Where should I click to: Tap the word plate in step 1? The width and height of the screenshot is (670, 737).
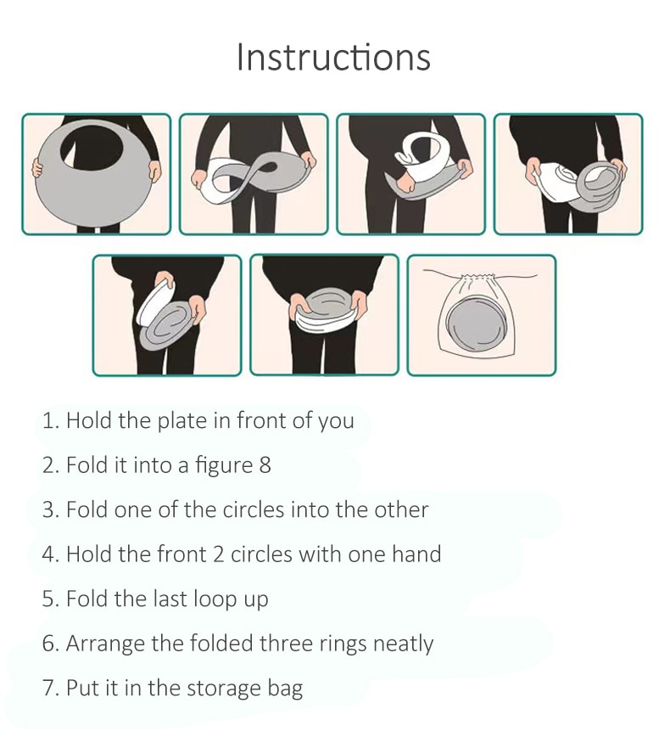click(x=182, y=420)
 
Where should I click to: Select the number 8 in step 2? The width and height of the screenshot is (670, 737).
click(x=265, y=464)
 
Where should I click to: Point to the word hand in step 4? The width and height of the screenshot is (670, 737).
click(x=416, y=554)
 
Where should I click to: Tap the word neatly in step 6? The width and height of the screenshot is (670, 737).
click(x=403, y=644)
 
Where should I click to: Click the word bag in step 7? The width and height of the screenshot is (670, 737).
click(x=285, y=688)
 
